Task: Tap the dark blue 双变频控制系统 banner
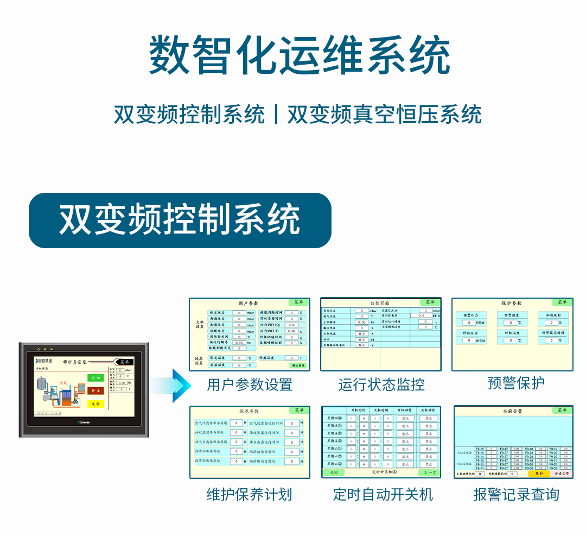coord(180,220)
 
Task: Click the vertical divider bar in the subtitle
coord(276,115)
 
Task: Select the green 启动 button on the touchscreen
coord(95,378)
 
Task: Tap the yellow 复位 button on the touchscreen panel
coord(95,403)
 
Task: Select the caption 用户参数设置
coord(250,385)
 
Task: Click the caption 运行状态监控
coord(381,385)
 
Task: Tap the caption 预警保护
coord(515,383)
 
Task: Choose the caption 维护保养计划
coord(249,494)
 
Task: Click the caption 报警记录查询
coord(515,494)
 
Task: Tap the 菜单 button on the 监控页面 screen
coord(429,302)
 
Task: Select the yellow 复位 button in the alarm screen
coord(538,474)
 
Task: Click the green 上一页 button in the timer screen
coord(428,473)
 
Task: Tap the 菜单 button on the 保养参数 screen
coord(298,411)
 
